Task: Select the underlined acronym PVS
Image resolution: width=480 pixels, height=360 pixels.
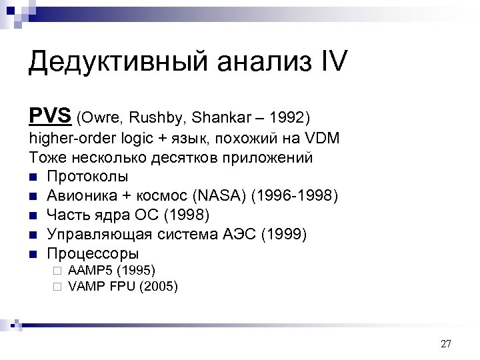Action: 50,116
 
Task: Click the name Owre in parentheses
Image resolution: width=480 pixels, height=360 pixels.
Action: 99,118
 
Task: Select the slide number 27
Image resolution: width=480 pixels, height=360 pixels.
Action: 446,344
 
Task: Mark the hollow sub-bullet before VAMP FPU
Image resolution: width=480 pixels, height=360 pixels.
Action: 58,287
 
